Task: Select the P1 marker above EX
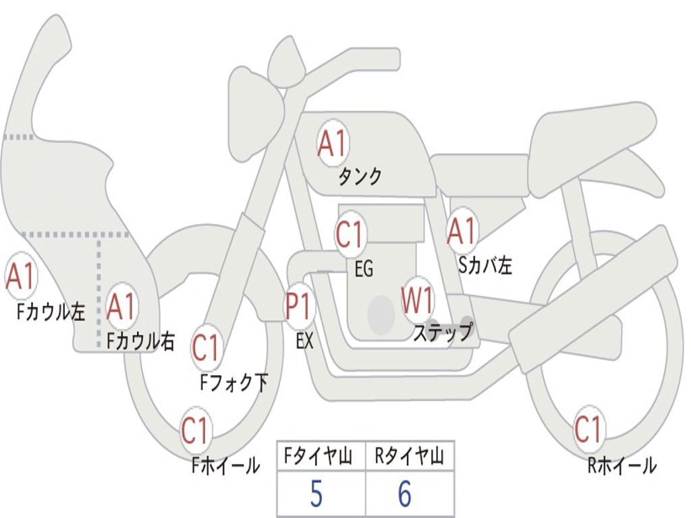pos(300,306)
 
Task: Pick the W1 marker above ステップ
pos(418,300)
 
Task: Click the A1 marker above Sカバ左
pos(462,231)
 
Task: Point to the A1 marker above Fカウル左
pos(20,276)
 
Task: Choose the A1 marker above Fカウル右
pos(121,307)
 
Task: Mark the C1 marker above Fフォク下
pos(206,348)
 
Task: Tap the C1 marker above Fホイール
pos(196,430)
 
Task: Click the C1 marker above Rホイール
pos(588,429)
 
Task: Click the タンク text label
pos(360,177)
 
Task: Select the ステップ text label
pos(443,333)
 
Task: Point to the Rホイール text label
pos(621,465)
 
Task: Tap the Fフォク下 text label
pos(233,382)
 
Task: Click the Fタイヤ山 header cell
pos(320,457)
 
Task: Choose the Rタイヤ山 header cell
pos(410,457)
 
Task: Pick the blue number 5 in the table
pos(316,494)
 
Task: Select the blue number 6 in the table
pos(404,494)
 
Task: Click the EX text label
pos(305,341)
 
